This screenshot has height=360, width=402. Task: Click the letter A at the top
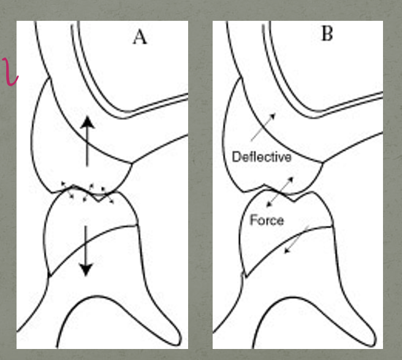coord(140,37)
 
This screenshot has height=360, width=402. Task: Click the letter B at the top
coord(327,34)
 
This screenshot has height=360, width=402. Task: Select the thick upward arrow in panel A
coord(87,141)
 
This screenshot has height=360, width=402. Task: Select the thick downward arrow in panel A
coord(86,250)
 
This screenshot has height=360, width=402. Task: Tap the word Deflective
coord(261,157)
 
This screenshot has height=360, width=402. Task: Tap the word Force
coord(267,220)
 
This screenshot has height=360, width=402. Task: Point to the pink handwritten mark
coord(10,71)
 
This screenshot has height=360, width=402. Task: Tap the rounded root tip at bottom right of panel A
coord(172,336)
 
